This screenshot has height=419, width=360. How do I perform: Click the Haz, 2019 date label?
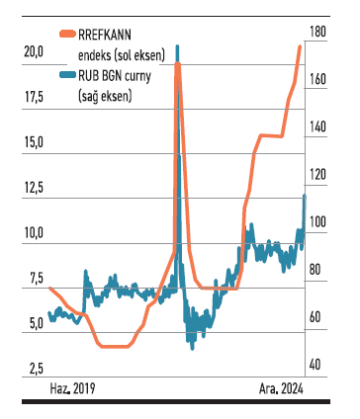click(x=74, y=388)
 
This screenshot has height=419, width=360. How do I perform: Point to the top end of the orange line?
click(x=300, y=46)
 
